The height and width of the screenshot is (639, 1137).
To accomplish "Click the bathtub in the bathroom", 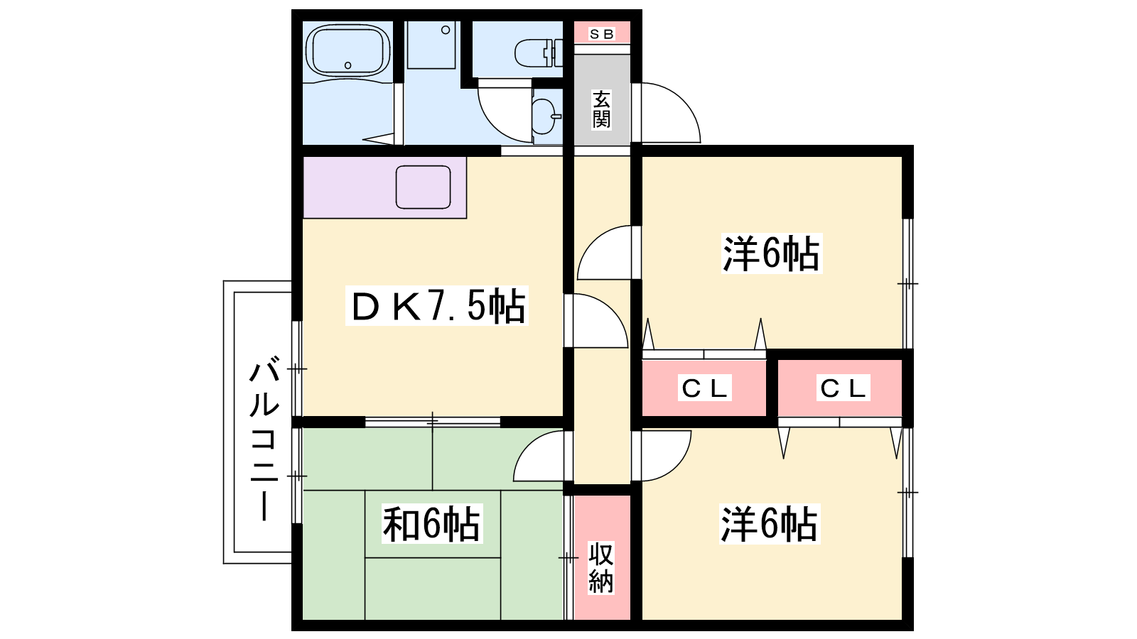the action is (x=348, y=50).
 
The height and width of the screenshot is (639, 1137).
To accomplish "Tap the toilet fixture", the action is (x=539, y=53).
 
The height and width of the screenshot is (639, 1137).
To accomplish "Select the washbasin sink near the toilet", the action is (x=546, y=116).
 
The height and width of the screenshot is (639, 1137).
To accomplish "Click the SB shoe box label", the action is (x=601, y=34).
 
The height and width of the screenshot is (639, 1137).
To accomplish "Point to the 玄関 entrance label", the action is (x=601, y=109).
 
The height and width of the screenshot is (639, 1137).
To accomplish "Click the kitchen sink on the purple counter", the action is (x=424, y=187).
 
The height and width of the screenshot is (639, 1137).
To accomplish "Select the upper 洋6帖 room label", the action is (x=771, y=253).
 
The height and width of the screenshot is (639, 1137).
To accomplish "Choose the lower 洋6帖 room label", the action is (x=770, y=525).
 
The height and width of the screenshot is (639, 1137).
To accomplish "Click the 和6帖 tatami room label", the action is (x=431, y=524).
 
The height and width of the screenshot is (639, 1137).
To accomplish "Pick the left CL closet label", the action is (x=704, y=388).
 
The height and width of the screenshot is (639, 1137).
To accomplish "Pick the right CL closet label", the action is (x=843, y=388).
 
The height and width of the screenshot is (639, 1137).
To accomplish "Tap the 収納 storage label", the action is (x=601, y=568).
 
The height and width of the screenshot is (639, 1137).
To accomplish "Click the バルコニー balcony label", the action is (x=264, y=439).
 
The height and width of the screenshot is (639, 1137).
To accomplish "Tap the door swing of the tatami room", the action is (x=525, y=447).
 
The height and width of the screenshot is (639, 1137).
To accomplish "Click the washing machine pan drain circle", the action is (x=446, y=30).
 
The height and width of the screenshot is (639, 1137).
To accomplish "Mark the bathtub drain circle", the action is (x=348, y=65).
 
